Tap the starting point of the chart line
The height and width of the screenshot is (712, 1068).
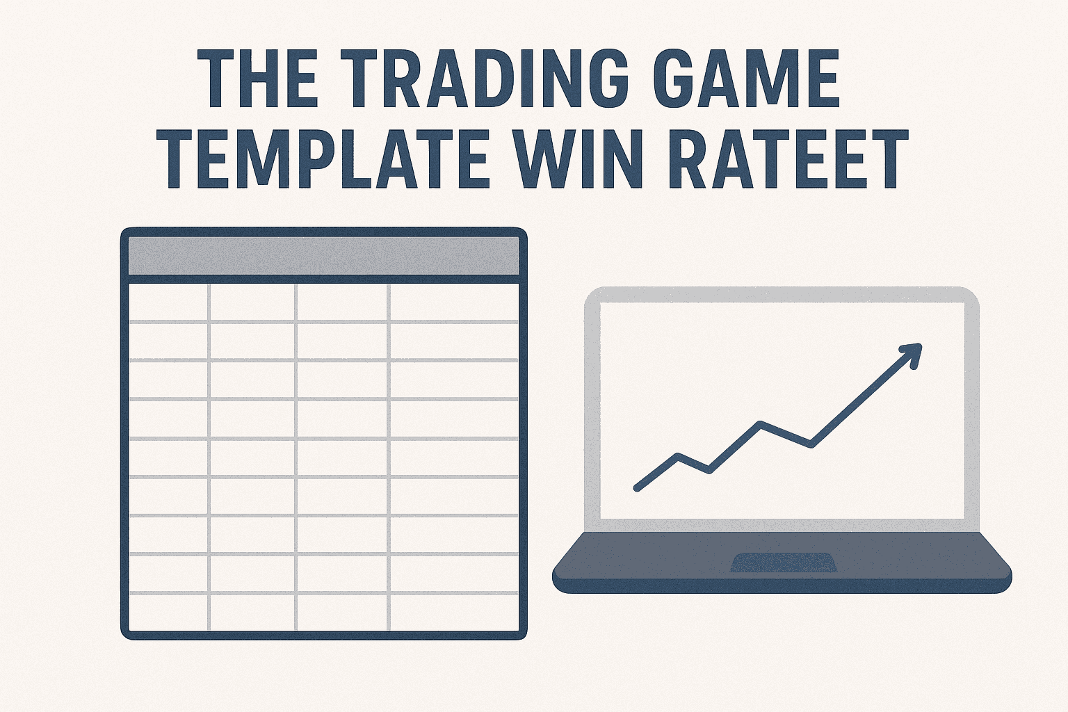click(x=637, y=488)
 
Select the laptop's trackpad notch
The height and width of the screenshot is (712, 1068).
click(x=782, y=563)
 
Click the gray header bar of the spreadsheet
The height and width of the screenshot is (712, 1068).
click(x=324, y=256)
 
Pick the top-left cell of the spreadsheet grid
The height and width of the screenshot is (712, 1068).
click(x=169, y=302)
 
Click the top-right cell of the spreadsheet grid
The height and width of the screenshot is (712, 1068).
click(x=453, y=302)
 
